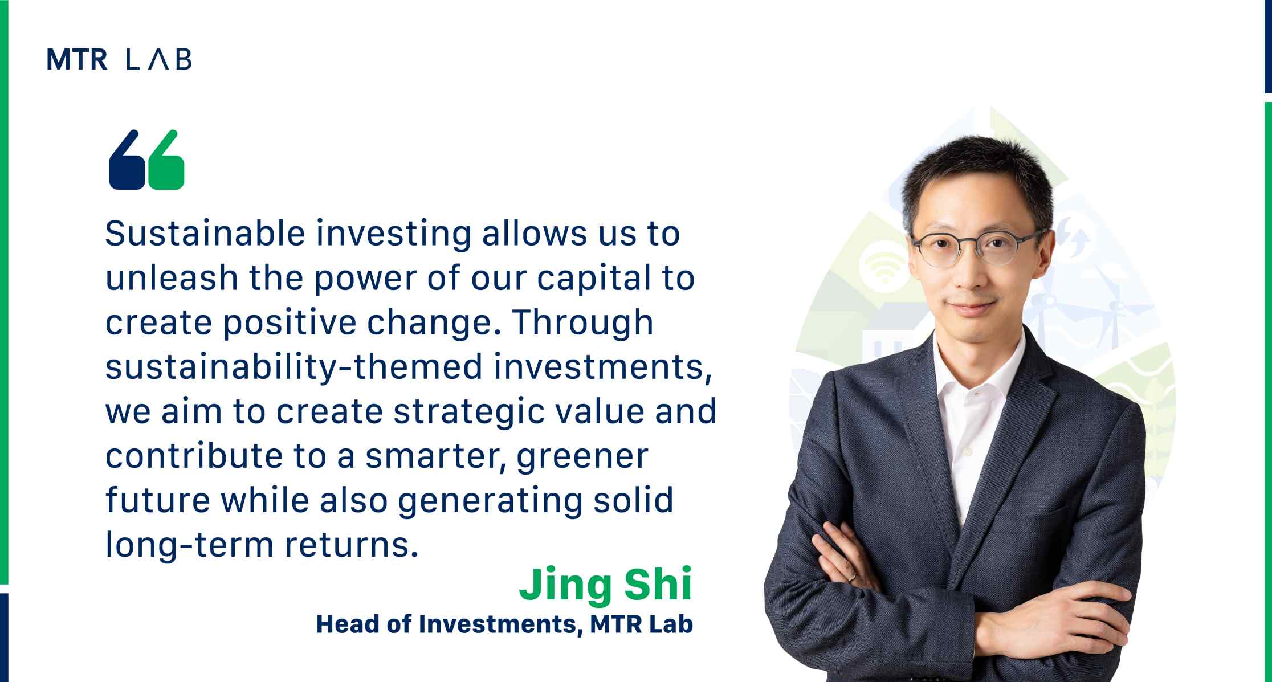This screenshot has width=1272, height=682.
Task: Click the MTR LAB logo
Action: coord(119,59)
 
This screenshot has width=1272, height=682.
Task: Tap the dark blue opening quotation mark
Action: coord(127,160)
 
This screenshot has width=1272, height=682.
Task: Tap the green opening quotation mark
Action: coord(166,160)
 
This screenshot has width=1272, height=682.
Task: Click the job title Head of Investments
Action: coord(446,624)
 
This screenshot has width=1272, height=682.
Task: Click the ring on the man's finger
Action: coord(850,577)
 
